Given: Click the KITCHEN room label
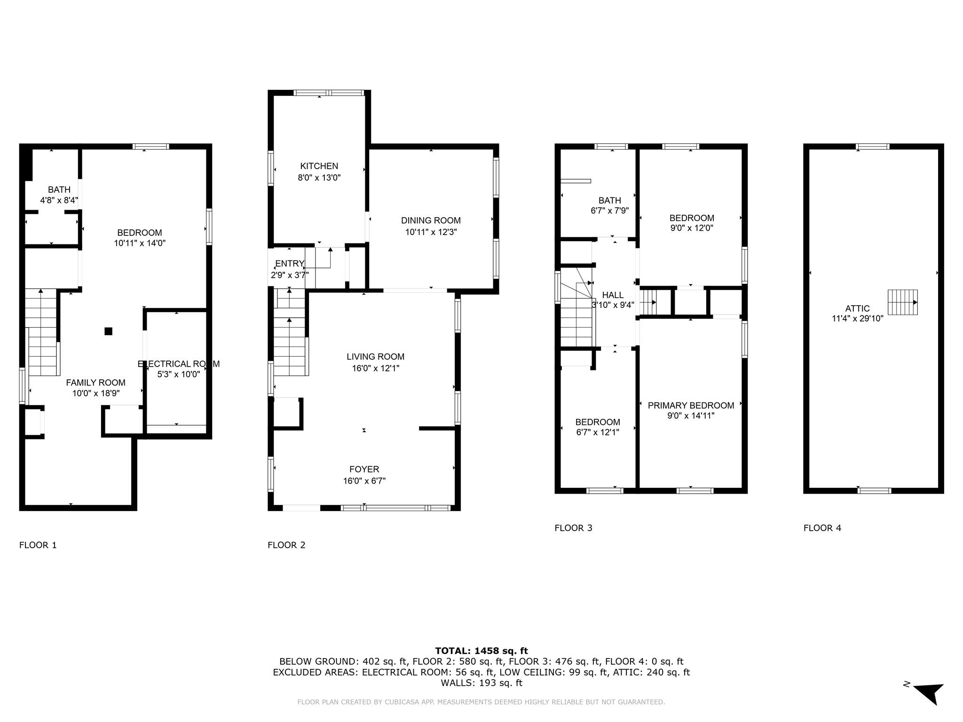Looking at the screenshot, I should point(319,166).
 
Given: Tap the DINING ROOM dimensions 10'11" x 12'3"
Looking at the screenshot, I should point(431,232).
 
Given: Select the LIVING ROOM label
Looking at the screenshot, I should point(375,357).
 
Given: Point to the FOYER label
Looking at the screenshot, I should point(364,469).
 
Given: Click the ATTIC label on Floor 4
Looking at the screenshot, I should point(857,308).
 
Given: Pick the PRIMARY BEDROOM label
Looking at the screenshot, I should point(691,405).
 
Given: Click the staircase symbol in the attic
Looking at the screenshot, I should point(902,302).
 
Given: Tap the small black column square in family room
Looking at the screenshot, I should point(108,331).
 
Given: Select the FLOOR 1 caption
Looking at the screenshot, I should point(38,545).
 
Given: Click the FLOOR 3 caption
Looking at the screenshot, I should point(573,528).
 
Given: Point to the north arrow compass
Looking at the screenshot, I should point(928,692).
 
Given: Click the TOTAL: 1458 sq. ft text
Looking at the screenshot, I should point(481,651).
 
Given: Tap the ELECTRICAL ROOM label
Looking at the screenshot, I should point(178,364).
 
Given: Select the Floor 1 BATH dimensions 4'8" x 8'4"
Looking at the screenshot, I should point(59,200).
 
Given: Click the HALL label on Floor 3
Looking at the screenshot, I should point(613,295).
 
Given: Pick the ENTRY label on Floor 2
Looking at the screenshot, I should point(289,264).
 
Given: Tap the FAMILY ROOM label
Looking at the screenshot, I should point(95,383).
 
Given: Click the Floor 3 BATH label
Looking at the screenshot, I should point(609,200).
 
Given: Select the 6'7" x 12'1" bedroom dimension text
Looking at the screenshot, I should point(598,432).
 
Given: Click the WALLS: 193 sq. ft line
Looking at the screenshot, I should point(481,683).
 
